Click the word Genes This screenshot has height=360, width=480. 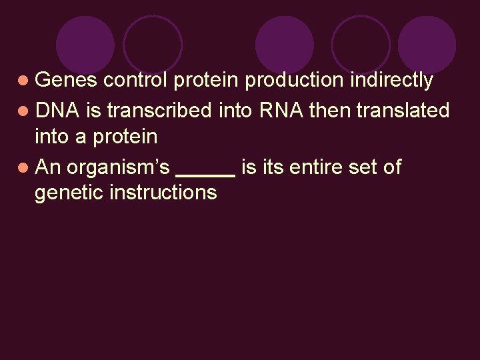pyautogui.click(x=66, y=81)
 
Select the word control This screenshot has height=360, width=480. pyautogui.click(x=137, y=81)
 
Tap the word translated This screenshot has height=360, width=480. pyautogui.click(x=403, y=109)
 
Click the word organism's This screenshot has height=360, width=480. pyautogui.click(x=119, y=167)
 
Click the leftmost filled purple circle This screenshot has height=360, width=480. pyautogui.click(x=85, y=45)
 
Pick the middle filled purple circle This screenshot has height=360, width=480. pyautogui.click(x=285, y=45)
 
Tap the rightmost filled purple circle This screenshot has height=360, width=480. pyautogui.click(x=427, y=45)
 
